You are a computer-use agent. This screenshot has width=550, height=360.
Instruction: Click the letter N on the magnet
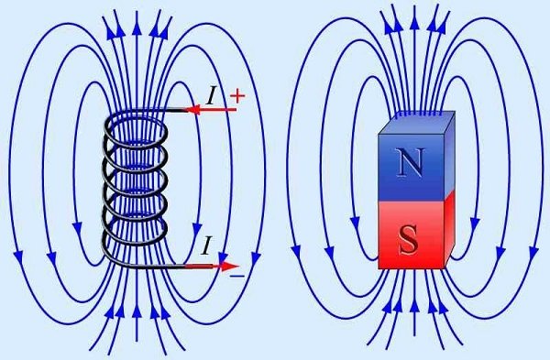tap(410, 162)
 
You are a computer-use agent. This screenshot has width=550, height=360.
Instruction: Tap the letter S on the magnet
tap(409, 241)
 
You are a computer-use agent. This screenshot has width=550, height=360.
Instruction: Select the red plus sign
tap(237, 95)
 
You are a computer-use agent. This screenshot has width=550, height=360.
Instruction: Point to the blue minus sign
tap(237, 277)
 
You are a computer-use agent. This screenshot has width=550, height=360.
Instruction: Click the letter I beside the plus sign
tap(211, 95)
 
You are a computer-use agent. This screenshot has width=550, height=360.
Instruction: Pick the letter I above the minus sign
tap(207, 245)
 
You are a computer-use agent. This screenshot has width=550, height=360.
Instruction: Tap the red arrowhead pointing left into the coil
tap(192, 110)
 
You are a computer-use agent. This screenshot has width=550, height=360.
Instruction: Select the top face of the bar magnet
tap(417, 123)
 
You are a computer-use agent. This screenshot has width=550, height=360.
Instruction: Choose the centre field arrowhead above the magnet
tap(414, 22)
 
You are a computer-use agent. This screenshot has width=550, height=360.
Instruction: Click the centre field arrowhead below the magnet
tap(414, 305)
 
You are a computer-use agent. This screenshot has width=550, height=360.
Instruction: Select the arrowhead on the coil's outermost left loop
tap(18, 257)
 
